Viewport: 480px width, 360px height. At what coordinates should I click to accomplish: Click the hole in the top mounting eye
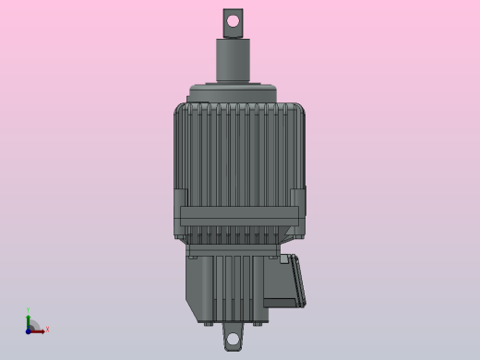coord(233,19)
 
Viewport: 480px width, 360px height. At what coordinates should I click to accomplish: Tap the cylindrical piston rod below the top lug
coord(234,61)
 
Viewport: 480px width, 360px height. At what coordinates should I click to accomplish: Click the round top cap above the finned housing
coord(234,93)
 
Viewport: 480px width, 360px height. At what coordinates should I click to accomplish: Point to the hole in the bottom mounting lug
coord(233,340)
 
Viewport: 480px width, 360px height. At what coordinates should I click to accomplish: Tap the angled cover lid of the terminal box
coord(297,281)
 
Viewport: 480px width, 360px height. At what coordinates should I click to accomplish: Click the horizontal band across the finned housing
coord(238,216)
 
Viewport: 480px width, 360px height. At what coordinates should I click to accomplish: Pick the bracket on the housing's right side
coord(297,210)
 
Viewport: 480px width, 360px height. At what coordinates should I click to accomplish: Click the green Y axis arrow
coord(29,318)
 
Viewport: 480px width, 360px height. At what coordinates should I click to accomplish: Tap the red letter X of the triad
coord(47,330)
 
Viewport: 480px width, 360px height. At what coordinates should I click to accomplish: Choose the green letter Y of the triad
coord(29,310)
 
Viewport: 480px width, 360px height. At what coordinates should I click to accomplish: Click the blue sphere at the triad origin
coord(29,330)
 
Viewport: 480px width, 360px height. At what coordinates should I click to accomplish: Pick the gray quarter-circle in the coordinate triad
coord(33,326)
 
